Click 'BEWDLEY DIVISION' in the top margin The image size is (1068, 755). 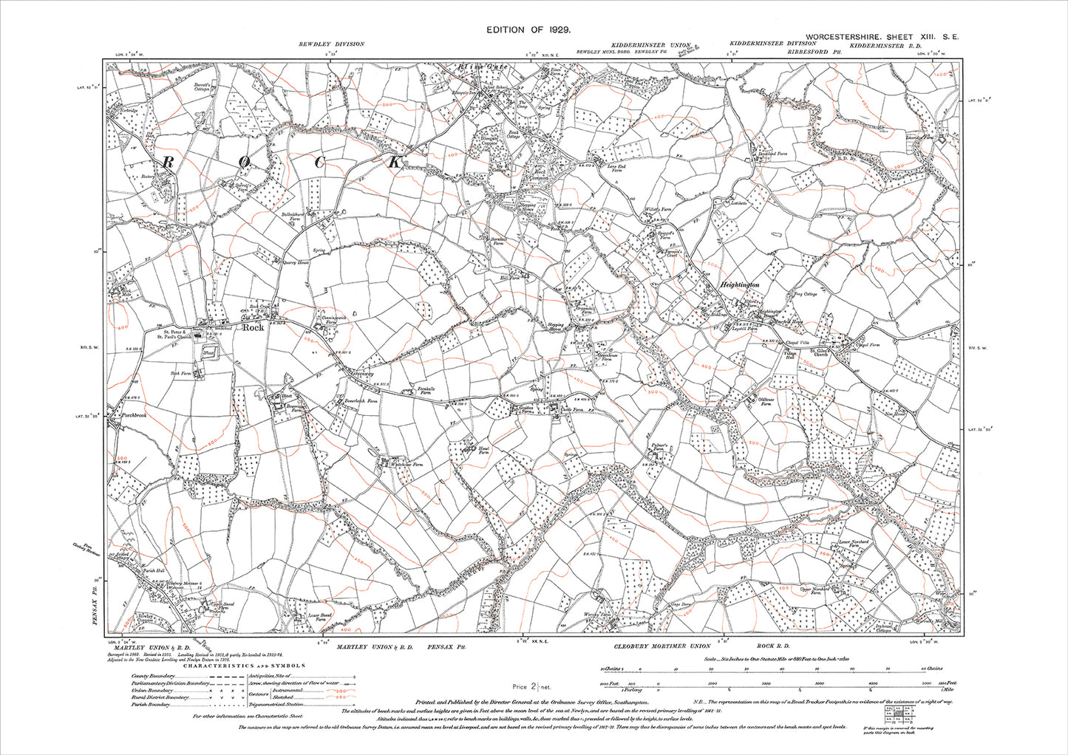(331, 44)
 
